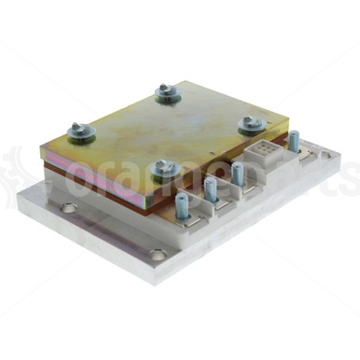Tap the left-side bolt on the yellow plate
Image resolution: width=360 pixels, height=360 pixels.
[80, 132]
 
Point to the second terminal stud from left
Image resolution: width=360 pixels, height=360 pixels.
[211, 188]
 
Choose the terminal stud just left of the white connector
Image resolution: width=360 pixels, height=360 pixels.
[238, 173]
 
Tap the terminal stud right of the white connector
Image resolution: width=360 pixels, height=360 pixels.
[294, 142]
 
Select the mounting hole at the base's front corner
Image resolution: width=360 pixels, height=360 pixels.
[159, 253]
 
